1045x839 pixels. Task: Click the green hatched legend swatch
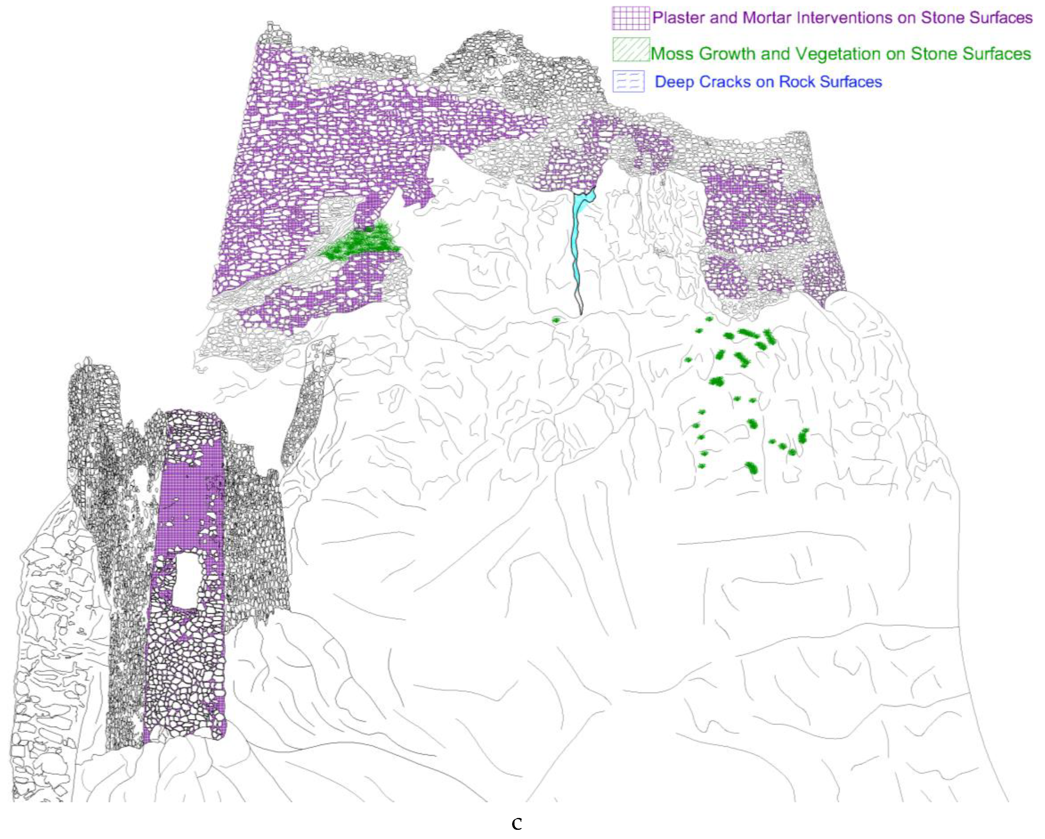(630, 50)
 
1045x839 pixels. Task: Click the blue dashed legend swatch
(628, 82)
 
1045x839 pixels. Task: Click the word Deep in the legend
(674, 82)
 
